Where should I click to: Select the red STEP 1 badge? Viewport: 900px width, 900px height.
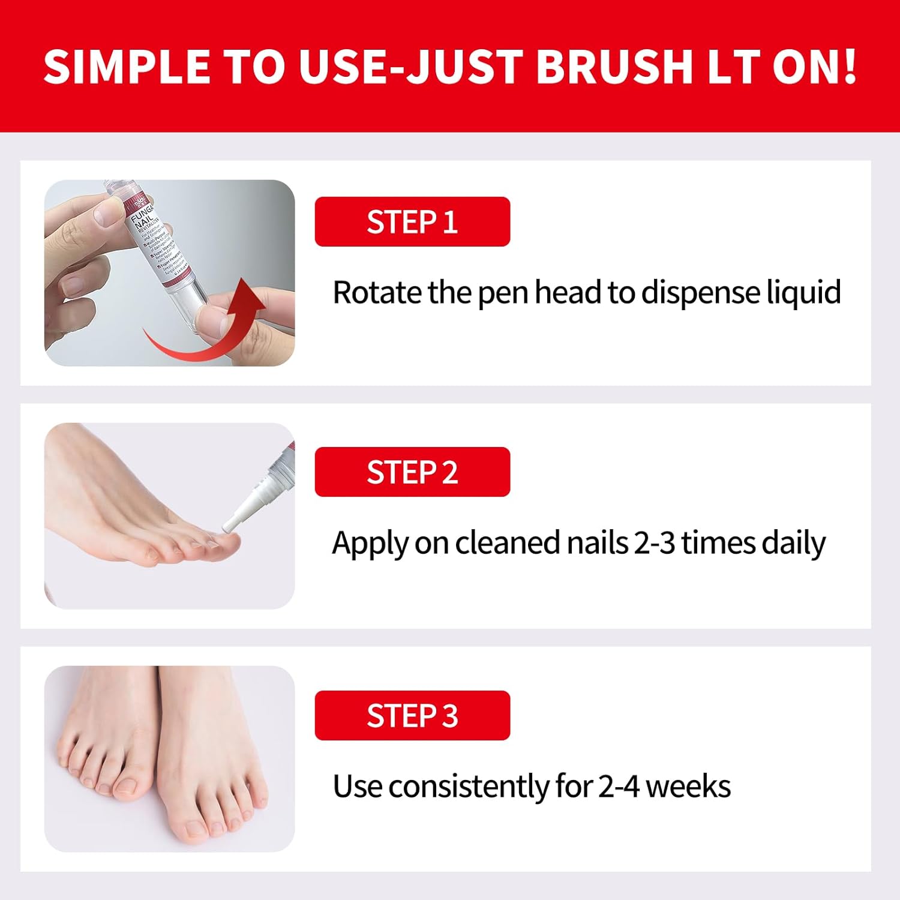412,221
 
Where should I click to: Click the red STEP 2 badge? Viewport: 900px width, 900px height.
412,472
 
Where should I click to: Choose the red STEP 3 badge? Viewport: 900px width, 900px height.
412,715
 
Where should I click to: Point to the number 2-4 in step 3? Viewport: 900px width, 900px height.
619,787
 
